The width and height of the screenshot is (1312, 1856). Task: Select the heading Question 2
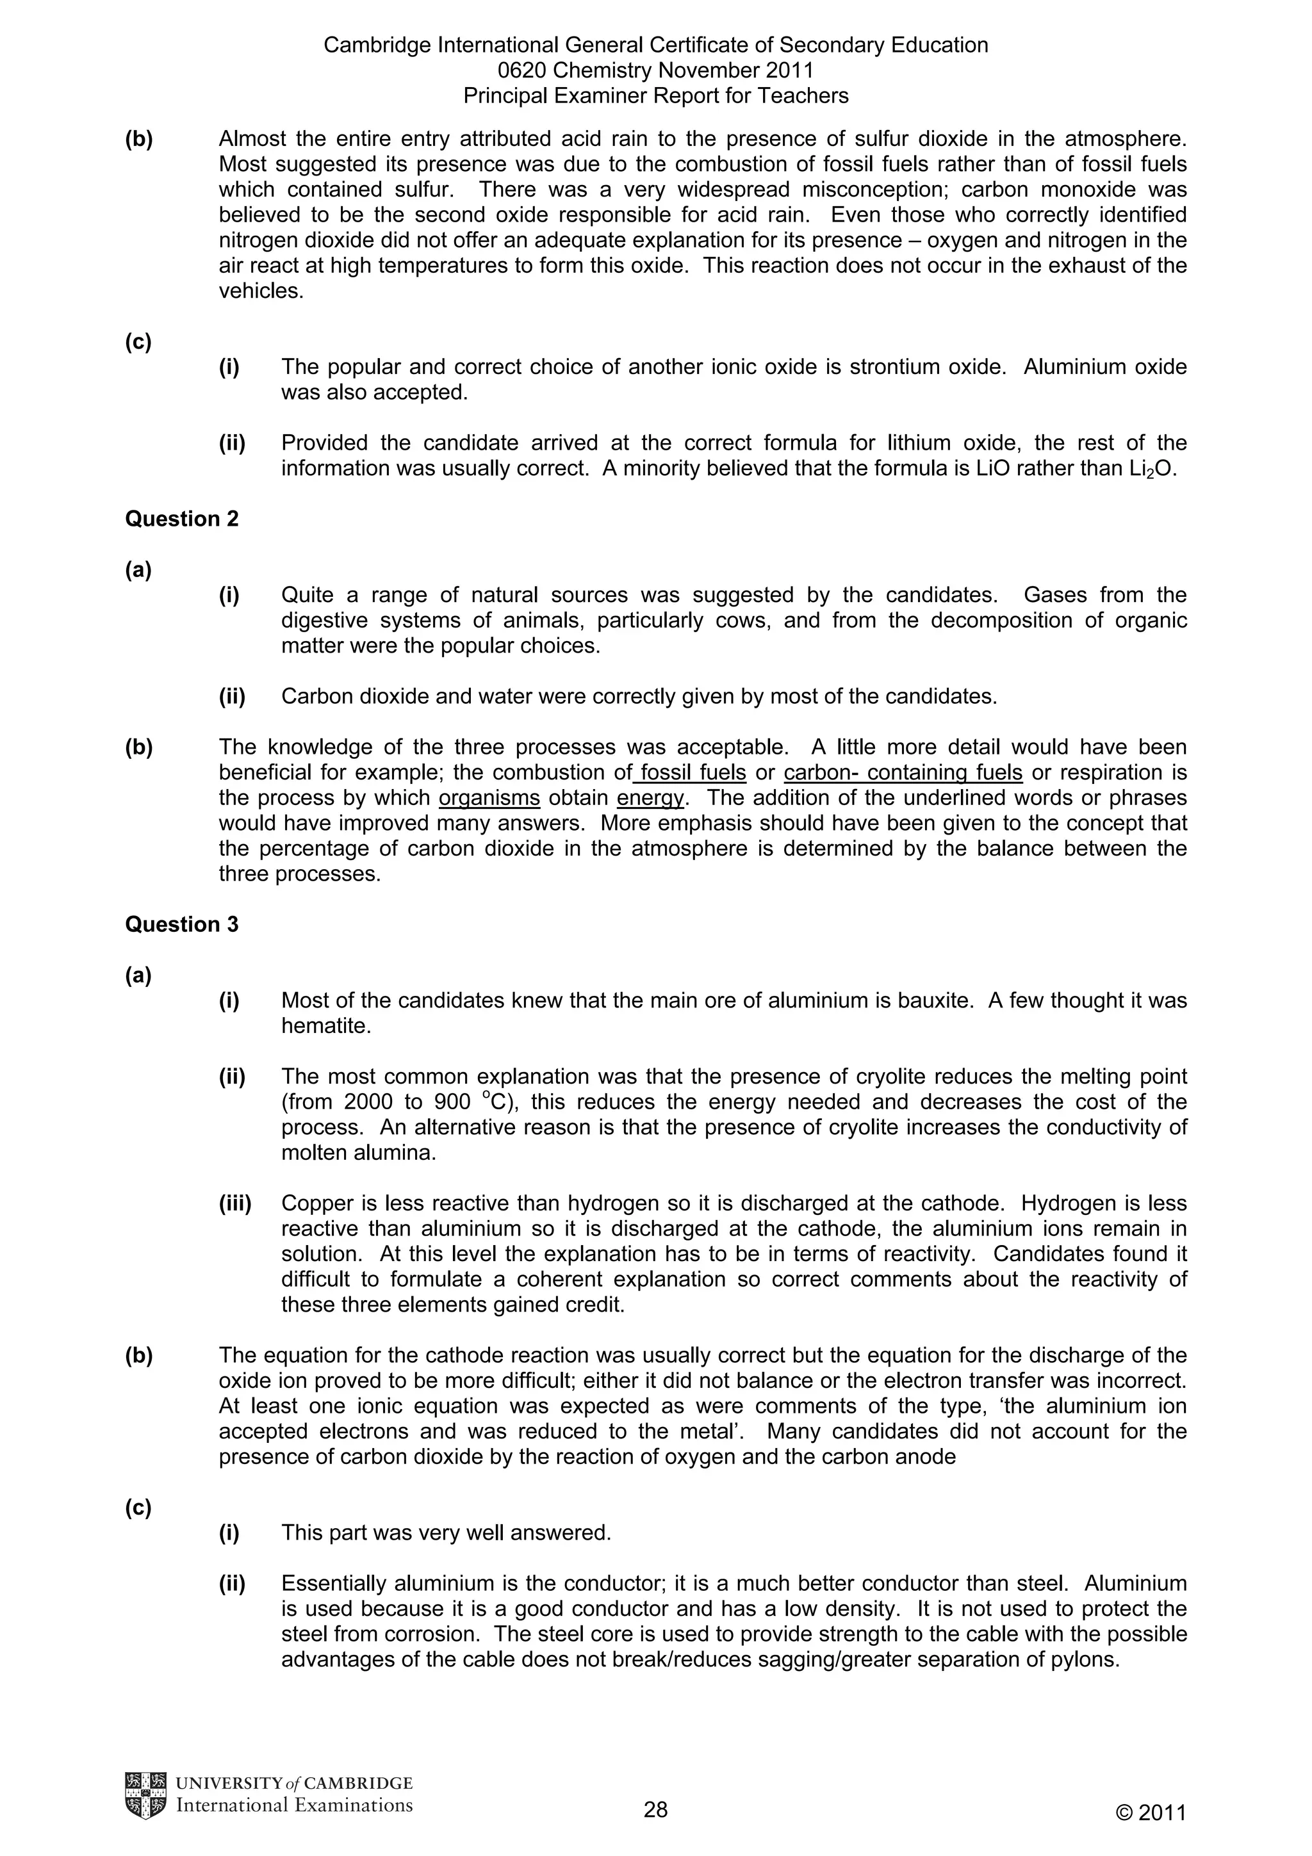[182, 519]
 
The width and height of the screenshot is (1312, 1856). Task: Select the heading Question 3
[182, 925]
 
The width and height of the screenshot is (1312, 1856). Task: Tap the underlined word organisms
[489, 799]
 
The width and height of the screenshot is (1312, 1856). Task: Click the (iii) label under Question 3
[235, 1203]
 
